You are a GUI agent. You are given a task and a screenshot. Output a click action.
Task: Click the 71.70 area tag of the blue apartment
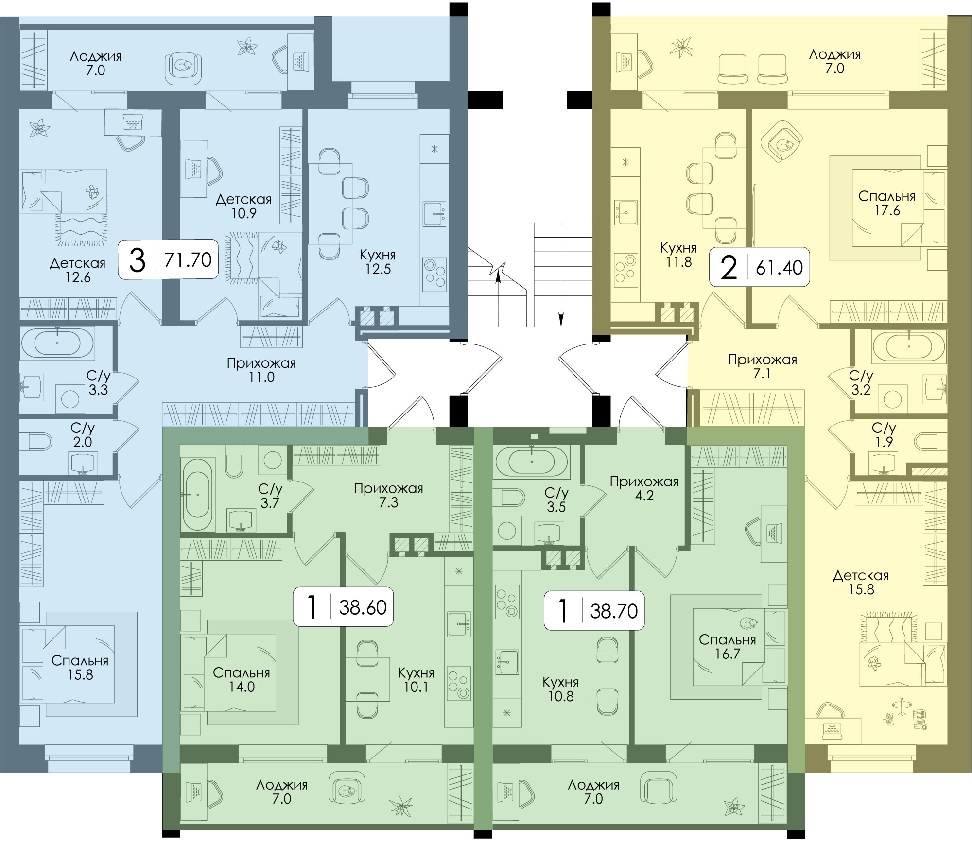click(168, 259)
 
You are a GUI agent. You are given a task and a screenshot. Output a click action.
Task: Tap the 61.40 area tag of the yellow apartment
click(759, 267)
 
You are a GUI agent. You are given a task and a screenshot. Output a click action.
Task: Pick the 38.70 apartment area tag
click(594, 610)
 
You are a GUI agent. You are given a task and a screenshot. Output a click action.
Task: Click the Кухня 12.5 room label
click(378, 262)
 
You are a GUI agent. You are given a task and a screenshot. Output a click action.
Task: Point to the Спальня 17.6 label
click(887, 203)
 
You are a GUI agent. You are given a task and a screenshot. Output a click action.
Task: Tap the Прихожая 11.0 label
click(261, 370)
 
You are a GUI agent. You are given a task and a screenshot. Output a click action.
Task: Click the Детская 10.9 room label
click(243, 206)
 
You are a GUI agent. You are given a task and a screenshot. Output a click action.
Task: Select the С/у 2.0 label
click(83, 435)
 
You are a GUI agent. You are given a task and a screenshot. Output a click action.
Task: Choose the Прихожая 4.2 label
click(644, 488)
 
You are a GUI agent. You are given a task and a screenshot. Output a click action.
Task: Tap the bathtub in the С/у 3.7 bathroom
click(197, 495)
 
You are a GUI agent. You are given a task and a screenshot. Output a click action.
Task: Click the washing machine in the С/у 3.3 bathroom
click(70, 399)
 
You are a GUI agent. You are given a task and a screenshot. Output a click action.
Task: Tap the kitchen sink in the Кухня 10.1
click(459, 624)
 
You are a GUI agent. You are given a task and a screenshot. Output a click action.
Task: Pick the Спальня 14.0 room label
click(242, 680)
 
